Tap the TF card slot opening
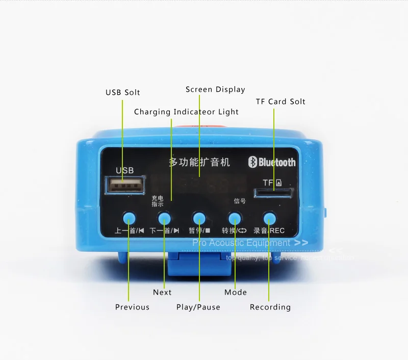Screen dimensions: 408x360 click(273, 193)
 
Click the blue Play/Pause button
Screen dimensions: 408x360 click(199, 219)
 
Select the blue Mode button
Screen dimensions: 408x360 click(234, 219)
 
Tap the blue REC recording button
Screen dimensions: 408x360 click(269, 219)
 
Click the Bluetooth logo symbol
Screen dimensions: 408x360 click(251, 162)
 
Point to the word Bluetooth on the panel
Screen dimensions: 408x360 click(277, 162)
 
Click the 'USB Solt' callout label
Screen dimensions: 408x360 click(122, 92)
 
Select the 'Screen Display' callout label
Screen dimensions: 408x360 click(215, 89)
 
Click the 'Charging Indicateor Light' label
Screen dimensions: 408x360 click(186, 112)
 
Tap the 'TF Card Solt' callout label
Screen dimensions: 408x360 click(280, 101)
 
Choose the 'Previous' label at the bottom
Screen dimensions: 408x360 click(132, 307)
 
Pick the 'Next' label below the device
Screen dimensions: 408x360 click(162, 292)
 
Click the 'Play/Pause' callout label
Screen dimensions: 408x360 click(198, 307)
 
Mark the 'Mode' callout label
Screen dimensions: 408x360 click(236, 292)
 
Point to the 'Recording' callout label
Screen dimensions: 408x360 click(270, 307)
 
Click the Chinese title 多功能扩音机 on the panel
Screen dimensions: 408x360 click(199, 163)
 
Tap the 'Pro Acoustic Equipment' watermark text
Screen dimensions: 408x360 click(241, 243)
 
